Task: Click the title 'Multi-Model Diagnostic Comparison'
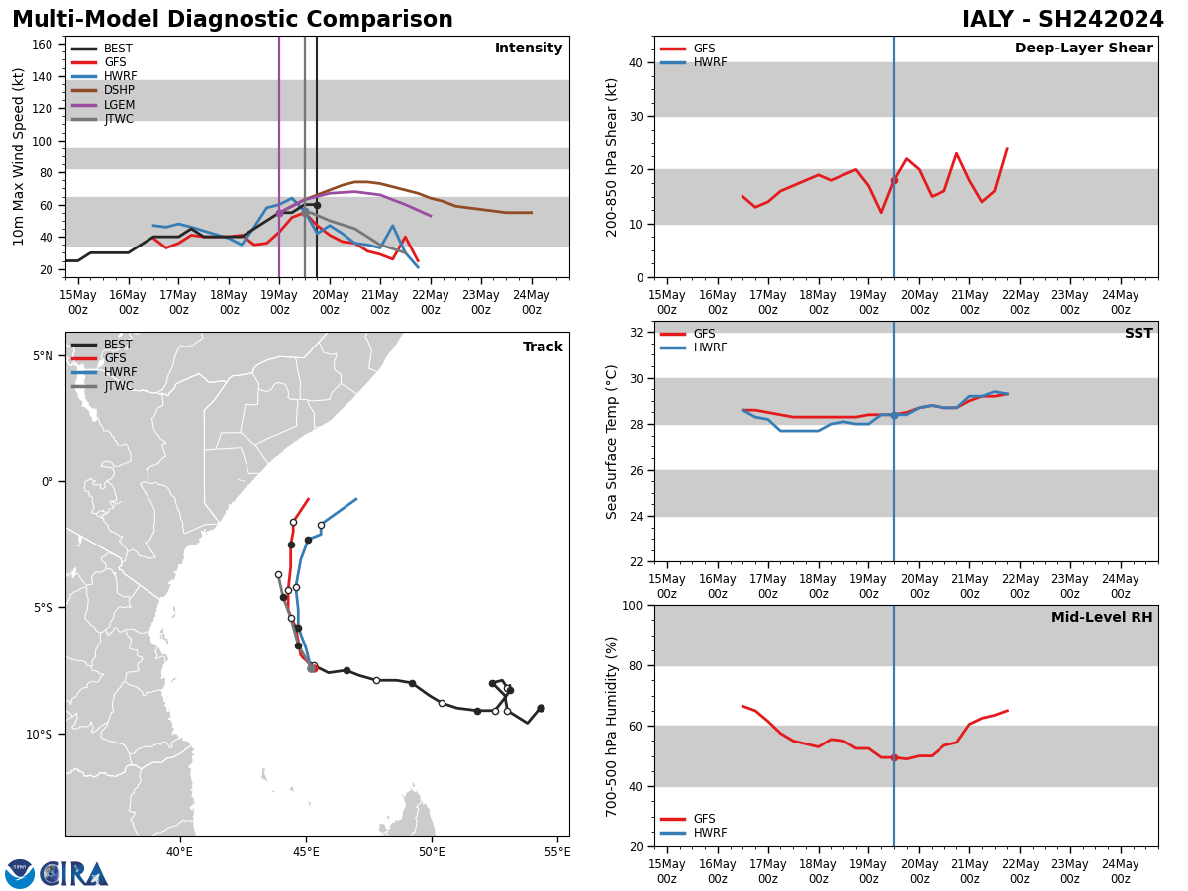[233, 20]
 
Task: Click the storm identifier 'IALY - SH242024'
[1063, 20]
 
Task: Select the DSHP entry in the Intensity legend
[118, 90]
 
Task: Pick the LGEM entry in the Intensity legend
[118, 105]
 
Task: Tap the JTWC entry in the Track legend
[119, 386]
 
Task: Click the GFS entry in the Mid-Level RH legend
[704, 819]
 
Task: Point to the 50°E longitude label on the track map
[432, 852]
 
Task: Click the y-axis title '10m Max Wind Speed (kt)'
[19, 156]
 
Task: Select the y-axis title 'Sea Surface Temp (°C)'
[612, 442]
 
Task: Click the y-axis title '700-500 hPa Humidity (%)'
[612, 726]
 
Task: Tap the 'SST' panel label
[1138, 334]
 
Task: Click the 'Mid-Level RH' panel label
[1102, 618]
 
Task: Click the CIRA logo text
[74, 873]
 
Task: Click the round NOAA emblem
[20, 873]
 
